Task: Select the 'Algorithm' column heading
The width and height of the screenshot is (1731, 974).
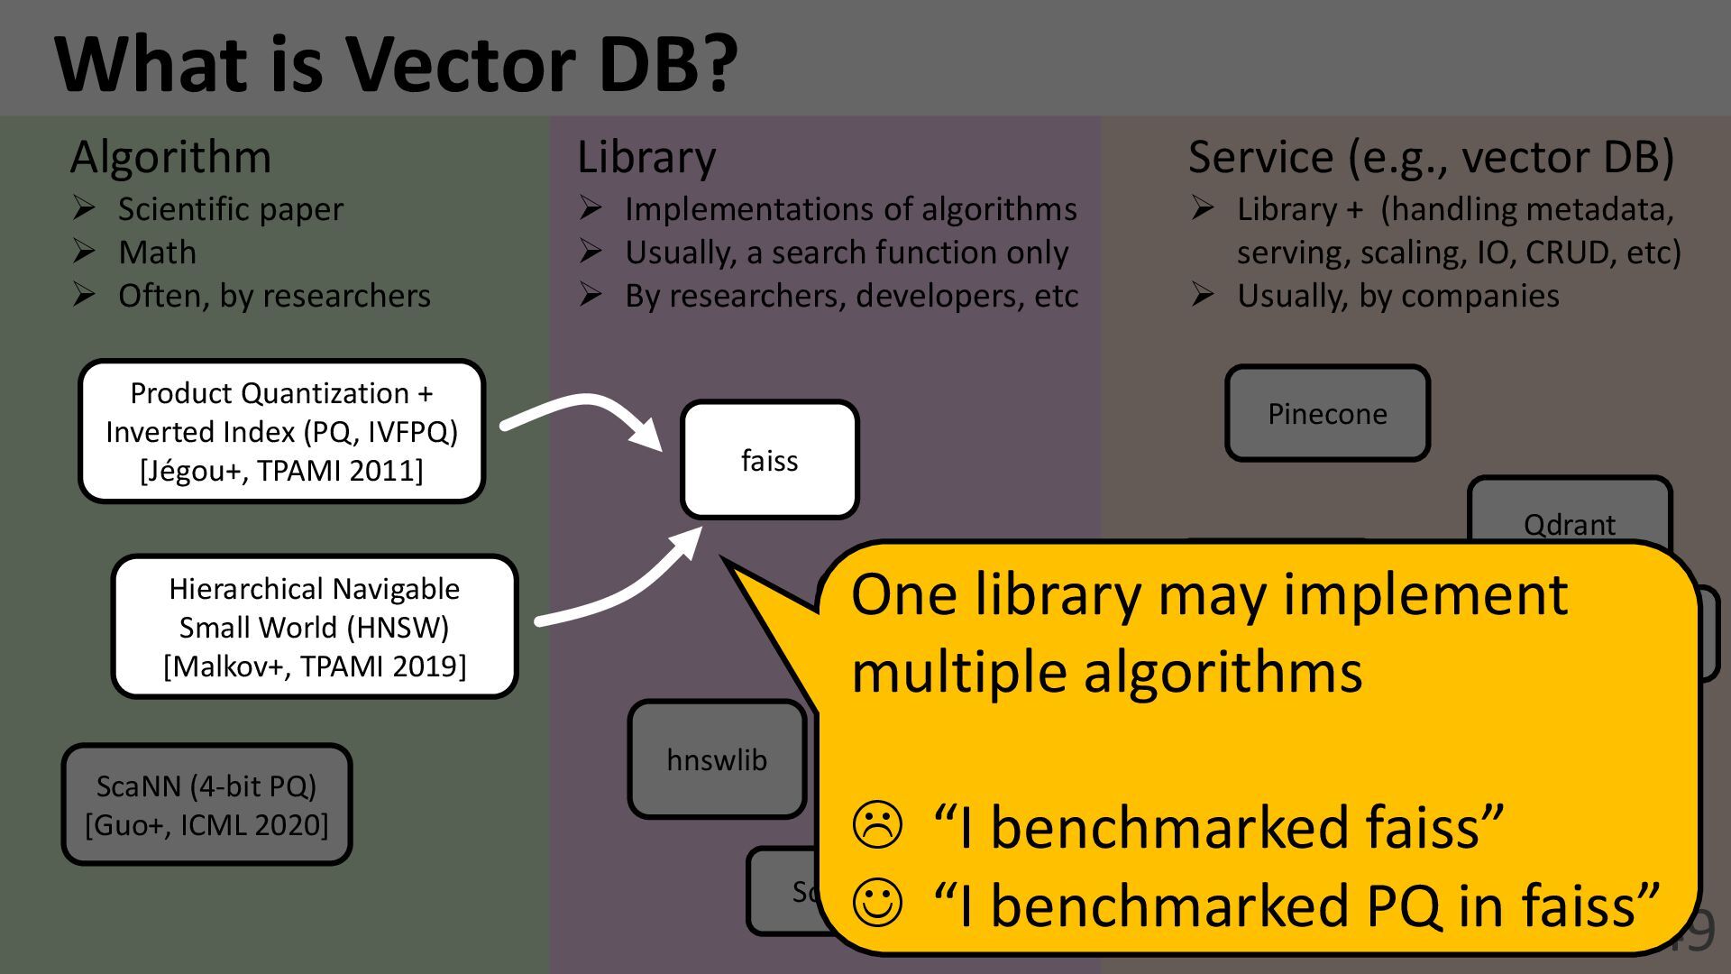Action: (x=170, y=157)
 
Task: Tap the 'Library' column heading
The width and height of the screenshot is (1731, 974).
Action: (x=646, y=157)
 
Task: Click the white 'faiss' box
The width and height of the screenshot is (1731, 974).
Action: (x=769, y=460)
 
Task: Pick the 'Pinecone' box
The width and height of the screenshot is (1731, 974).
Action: (x=1327, y=414)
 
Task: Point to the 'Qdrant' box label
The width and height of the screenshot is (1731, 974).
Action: (x=1569, y=524)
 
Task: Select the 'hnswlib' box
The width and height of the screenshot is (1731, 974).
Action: (x=717, y=760)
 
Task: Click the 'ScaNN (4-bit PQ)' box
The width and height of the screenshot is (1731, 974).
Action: (x=206, y=804)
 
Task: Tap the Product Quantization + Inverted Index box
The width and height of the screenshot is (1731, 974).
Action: (x=281, y=431)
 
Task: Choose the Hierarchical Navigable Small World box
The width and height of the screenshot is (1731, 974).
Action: (x=315, y=627)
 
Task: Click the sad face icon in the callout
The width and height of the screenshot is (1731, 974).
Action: (x=876, y=825)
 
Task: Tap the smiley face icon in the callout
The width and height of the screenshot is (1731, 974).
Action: (x=876, y=903)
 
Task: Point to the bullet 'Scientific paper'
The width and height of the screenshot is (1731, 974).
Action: (x=230, y=209)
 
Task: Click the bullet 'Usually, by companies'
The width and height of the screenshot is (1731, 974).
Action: (x=1397, y=296)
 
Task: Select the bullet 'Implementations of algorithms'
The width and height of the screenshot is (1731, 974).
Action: (x=850, y=209)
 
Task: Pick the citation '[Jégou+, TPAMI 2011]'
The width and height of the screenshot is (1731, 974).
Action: (x=281, y=470)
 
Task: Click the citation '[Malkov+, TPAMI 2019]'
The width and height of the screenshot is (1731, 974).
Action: (x=315, y=666)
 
